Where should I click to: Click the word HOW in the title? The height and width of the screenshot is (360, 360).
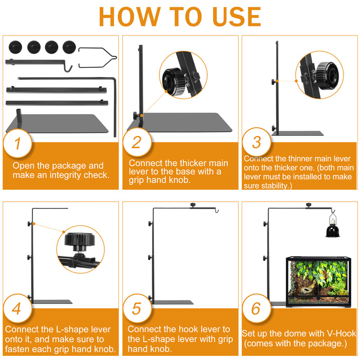[130, 17]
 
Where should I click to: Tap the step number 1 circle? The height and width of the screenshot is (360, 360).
[17, 143]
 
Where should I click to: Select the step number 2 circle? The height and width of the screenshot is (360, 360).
[137, 142]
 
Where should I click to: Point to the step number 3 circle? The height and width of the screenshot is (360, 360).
[257, 142]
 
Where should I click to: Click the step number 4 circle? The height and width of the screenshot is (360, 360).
[17, 309]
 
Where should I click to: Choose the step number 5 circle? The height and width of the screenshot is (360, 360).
[137, 308]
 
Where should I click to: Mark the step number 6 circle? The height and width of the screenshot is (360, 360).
[257, 308]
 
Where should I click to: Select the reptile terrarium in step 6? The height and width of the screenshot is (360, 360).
[319, 282]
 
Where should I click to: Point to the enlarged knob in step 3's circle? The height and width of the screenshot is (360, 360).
[327, 76]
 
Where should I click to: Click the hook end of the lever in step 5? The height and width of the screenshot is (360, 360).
[217, 210]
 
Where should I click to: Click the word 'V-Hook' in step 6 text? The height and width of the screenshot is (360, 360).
[341, 333]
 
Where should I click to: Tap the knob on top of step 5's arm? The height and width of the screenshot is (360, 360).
[193, 205]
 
